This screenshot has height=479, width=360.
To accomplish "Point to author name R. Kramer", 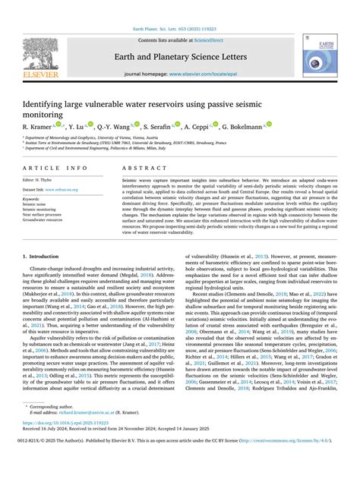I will tap(39, 125).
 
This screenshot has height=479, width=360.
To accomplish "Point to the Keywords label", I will tap(32, 199).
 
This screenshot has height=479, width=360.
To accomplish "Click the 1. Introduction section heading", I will tap(45, 258).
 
